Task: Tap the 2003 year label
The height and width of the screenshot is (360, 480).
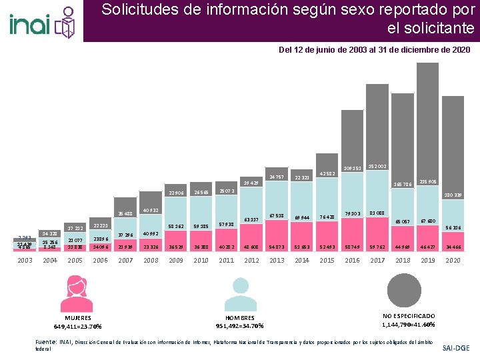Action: (25, 260)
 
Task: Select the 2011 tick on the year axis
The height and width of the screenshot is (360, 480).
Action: (227, 260)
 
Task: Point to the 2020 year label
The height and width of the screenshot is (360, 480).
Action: (453, 260)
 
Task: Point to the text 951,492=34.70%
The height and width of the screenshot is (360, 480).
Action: (239, 325)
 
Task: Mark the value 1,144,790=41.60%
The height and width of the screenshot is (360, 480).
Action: (409, 324)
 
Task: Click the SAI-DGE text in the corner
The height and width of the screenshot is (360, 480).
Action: (455, 348)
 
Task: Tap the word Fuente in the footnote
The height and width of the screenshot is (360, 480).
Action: (45, 341)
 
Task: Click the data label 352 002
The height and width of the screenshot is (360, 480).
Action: (378, 167)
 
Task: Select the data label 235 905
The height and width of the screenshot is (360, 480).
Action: (427, 181)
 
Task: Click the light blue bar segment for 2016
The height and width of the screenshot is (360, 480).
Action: (353, 230)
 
